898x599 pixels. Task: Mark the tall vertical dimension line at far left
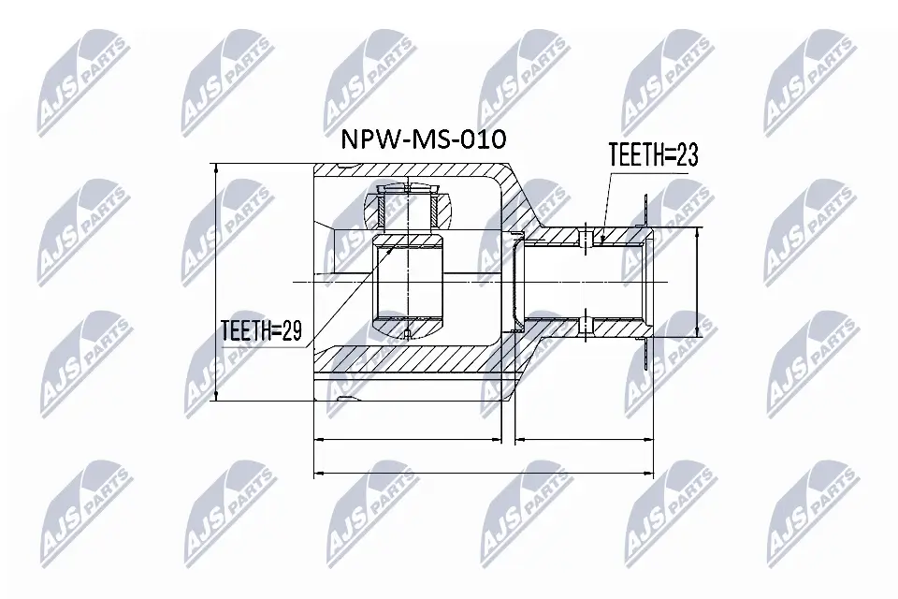pos(216,281)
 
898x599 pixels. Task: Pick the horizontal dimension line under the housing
pos(407,438)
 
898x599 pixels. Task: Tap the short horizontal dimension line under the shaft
pos(585,438)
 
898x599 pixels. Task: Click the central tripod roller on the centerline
pos(408,281)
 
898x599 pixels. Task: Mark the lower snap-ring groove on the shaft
pos(586,326)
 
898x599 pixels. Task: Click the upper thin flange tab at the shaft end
pos(646,211)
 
